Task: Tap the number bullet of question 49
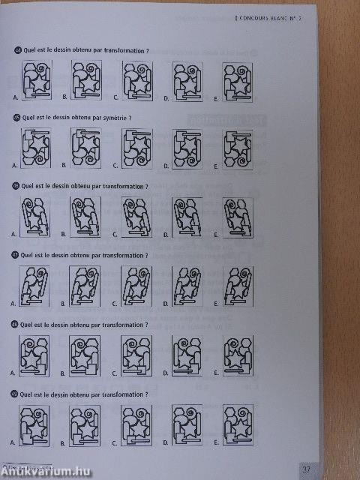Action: point(16,392)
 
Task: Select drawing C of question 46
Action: point(136,216)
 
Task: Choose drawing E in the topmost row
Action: point(237,79)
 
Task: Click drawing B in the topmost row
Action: point(86,79)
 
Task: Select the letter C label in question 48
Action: point(115,371)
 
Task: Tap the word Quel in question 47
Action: point(28,255)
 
